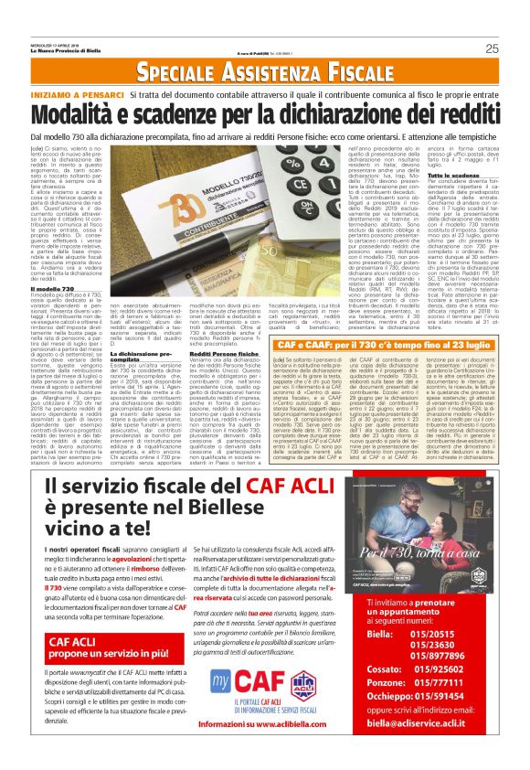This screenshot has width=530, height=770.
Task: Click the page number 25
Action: point(492,48)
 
